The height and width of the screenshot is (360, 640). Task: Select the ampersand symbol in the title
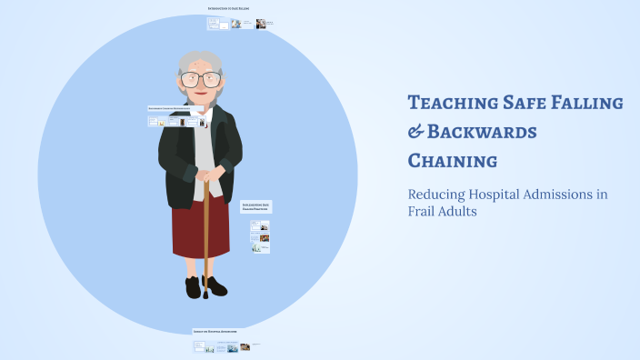(x=415, y=133)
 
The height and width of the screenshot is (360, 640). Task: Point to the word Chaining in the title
(x=452, y=162)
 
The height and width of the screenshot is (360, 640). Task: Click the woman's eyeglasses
(x=201, y=79)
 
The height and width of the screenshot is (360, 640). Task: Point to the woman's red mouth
(x=202, y=95)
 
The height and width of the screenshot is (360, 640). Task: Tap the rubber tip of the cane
(x=205, y=294)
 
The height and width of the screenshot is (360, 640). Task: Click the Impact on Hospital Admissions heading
(x=215, y=332)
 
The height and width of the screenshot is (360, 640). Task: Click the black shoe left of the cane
(x=193, y=288)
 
